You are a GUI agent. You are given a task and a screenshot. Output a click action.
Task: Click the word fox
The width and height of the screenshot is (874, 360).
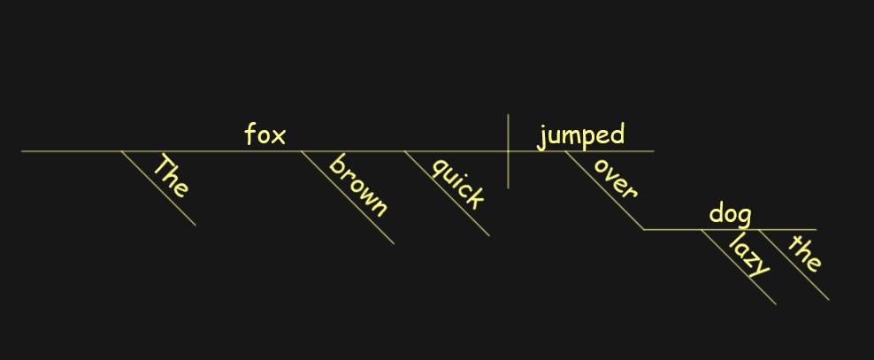coord(265,134)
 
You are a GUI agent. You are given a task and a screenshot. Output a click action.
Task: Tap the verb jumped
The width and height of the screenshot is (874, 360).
coord(581,136)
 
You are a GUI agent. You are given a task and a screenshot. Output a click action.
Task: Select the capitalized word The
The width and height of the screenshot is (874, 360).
coord(171,176)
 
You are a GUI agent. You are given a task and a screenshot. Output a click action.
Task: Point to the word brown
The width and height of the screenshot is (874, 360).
coord(358,186)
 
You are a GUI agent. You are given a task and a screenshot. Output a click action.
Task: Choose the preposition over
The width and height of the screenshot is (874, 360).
coord(614,178)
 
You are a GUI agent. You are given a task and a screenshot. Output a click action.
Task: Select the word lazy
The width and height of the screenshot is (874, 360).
coord(749,255)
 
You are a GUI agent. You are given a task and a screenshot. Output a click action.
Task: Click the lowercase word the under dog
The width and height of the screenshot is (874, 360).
coord(804,253)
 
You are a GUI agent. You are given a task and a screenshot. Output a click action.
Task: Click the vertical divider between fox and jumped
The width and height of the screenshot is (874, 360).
coord(508,151)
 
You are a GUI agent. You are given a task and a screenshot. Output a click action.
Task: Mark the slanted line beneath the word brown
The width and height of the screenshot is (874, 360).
coord(348,197)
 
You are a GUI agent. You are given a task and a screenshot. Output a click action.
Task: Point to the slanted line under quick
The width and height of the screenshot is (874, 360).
coord(447,194)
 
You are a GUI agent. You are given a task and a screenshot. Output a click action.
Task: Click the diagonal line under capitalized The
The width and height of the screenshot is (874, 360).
coord(159,188)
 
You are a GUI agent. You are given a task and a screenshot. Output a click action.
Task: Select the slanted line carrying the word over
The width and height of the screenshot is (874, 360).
coord(605,190)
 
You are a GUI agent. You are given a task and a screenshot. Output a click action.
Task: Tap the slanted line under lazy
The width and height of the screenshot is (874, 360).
coord(739,267)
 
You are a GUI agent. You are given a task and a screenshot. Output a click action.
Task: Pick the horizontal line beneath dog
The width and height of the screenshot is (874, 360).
coord(730,230)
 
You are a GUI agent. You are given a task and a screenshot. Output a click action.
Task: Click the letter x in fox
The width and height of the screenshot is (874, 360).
coord(279,137)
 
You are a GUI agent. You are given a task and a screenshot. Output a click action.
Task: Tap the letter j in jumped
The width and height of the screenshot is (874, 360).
coord(540,138)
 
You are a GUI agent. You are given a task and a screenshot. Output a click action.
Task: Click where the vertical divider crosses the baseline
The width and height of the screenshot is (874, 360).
coord(508,151)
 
